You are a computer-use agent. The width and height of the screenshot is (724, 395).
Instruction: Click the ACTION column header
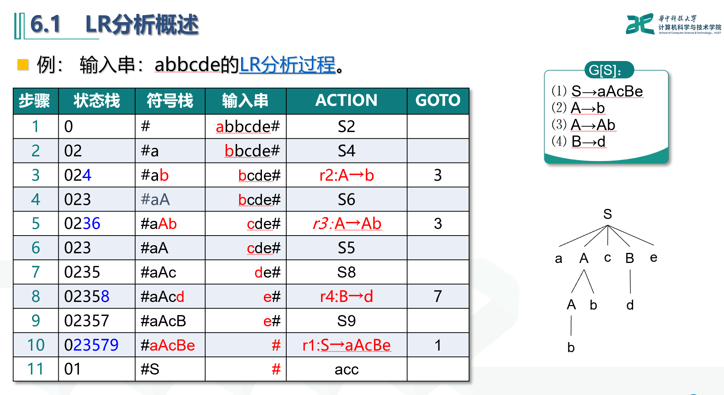pyautogui.click(x=346, y=100)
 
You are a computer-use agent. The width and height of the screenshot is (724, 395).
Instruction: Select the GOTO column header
pyautogui.click(x=438, y=100)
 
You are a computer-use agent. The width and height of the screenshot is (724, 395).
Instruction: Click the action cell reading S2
pyautogui.click(x=346, y=127)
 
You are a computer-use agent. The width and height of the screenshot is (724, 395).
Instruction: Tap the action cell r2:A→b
pyautogui.click(x=346, y=175)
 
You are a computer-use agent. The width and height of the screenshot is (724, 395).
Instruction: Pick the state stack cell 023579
pyautogui.click(x=92, y=345)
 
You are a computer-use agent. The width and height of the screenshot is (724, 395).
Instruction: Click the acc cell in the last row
pyautogui.click(x=346, y=370)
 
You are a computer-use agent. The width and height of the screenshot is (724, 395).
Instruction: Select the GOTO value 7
pyautogui.click(x=437, y=297)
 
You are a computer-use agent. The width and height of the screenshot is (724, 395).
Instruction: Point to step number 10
pyautogui.click(x=36, y=345)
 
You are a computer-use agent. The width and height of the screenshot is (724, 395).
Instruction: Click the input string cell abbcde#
pyautogui.click(x=248, y=127)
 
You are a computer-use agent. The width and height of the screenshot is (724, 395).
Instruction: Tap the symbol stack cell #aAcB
pyautogui.click(x=163, y=321)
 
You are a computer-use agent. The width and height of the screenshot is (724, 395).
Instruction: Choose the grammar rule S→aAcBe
pyautogui.click(x=607, y=92)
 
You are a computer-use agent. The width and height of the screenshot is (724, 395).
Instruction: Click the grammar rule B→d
pyautogui.click(x=588, y=142)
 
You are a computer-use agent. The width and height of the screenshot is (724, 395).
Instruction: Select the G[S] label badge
pyautogui.click(x=609, y=70)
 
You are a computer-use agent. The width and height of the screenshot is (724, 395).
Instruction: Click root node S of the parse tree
pyautogui.click(x=607, y=214)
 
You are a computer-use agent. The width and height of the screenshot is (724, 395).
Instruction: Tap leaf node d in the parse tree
pyautogui.click(x=630, y=305)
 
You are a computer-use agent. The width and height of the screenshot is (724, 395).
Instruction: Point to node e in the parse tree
pyautogui.click(x=653, y=258)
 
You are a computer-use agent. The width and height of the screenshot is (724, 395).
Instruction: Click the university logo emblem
pyautogui.click(x=639, y=24)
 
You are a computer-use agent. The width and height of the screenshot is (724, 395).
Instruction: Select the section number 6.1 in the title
pyautogui.click(x=46, y=24)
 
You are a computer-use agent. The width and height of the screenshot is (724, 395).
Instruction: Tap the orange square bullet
pyautogui.click(x=23, y=64)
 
